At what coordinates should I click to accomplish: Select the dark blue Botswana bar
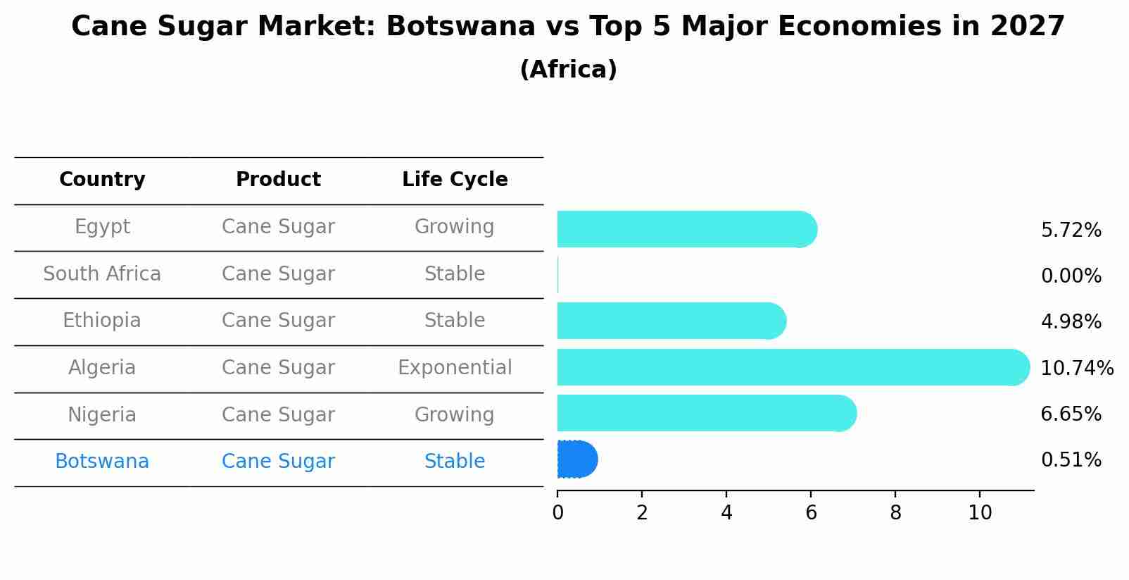click(576, 459)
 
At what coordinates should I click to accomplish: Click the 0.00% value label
click(1071, 276)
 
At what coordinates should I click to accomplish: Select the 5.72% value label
click(1071, 230)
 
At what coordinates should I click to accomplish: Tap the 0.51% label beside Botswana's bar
click(1071, 460)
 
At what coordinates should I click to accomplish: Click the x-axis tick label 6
click(811, 513)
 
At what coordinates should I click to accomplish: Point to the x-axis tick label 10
click(980, 513)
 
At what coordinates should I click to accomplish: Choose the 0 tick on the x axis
click(557, 513)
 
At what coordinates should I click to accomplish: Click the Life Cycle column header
click(455, 180)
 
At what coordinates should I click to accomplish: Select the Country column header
click(102, 180)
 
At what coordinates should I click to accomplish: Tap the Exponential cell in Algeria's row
click(455, 368)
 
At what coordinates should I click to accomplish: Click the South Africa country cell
click(102, 274)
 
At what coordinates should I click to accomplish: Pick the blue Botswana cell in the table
click(102, 462)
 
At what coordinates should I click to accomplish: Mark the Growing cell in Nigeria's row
click(455, 415)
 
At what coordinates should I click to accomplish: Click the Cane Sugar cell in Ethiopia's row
click(278, 321)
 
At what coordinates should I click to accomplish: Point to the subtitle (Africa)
click(568, 70)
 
